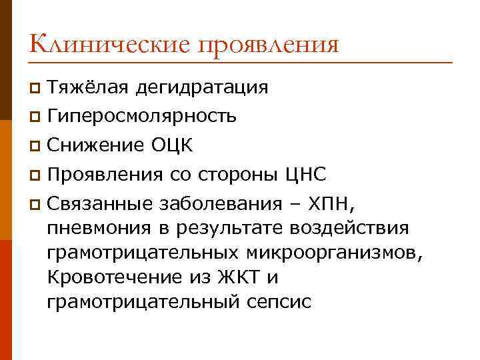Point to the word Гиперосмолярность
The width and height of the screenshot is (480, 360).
tap(142, 117)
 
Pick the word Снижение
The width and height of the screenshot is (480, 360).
tap(94, 146)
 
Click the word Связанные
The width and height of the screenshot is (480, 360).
tap(99, 203)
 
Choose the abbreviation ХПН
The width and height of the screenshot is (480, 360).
tap(335, 203)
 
